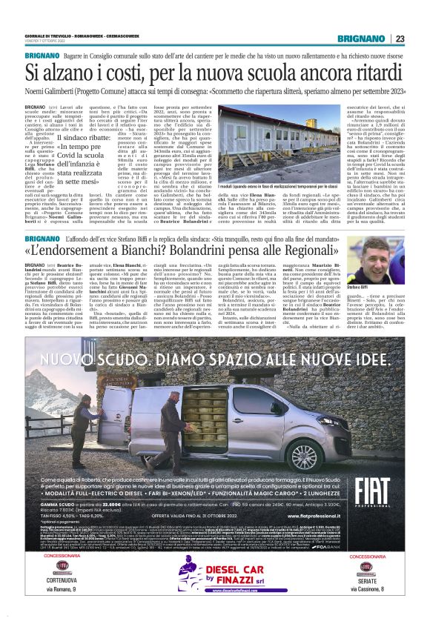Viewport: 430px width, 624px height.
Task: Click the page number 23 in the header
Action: click(400, 39)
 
